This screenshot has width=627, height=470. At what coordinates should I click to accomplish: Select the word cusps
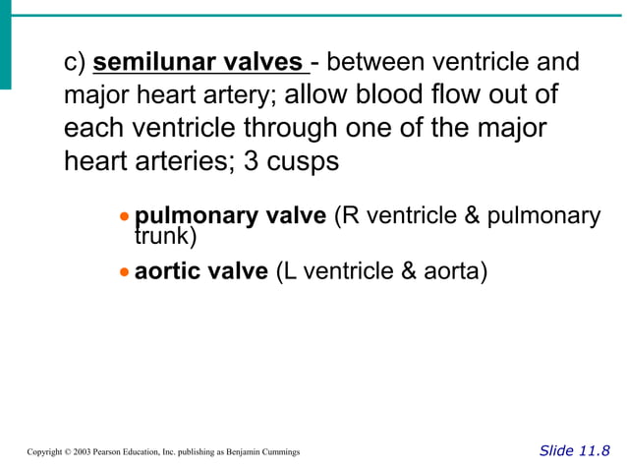pos(307,162)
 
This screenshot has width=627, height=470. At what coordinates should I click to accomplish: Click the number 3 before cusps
pos(251,161)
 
